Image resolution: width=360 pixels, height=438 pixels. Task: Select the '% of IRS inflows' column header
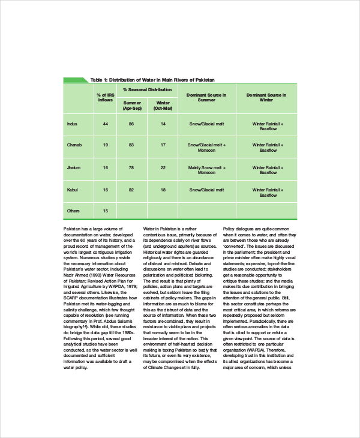click(x=106, y=98)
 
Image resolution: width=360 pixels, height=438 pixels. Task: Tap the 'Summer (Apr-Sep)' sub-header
click(x=132, y=106)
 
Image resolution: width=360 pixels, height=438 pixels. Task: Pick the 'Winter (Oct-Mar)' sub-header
click(x=163, y=106)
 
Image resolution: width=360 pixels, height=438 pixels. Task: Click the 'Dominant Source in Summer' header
click(x=206, y=98)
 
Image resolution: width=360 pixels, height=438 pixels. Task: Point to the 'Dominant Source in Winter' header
click(x=267, y=98)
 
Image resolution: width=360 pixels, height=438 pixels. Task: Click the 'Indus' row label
click(x=72, y=124)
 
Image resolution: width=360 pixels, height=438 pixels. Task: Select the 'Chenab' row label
click(x=74, y=145)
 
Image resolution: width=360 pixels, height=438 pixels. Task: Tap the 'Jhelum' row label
click(x=74, y=167)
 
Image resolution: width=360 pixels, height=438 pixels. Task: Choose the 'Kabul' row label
click(x=72, y=190)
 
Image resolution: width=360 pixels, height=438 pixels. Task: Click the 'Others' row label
click(x=73, y=211)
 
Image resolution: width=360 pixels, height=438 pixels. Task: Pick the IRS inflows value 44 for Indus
click(x=106, y=124)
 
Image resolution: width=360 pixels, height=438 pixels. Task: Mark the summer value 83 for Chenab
click(x=131, y=145)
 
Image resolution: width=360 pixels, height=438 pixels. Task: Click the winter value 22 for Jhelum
click(x=163, y=167)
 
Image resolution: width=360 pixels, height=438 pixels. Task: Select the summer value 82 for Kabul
click(x=131, y=190)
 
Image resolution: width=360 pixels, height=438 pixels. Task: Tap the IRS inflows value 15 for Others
click(x=106, y=211)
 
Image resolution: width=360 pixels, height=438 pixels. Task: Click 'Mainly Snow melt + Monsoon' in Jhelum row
click(x=206, y=170)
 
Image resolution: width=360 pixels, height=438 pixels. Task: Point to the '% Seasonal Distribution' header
click(x=147, y=89)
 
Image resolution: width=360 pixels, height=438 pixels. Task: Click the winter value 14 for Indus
click(x=163, y=124)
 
